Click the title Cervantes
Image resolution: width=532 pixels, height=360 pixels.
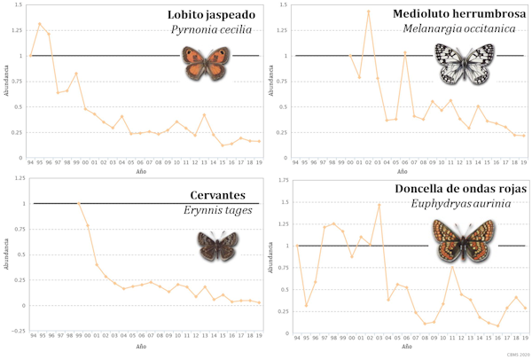click(x=223, y=195)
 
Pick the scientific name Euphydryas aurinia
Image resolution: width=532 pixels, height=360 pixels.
click(x=478, y=204)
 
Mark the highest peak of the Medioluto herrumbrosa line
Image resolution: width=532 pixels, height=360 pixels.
click(x=368, y=11)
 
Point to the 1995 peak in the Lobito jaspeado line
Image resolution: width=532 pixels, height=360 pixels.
click(x=40, y=24)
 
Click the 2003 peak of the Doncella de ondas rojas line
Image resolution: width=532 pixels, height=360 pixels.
click(x=379, y=205)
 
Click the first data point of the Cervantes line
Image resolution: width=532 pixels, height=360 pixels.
click(x=79, y=204)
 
